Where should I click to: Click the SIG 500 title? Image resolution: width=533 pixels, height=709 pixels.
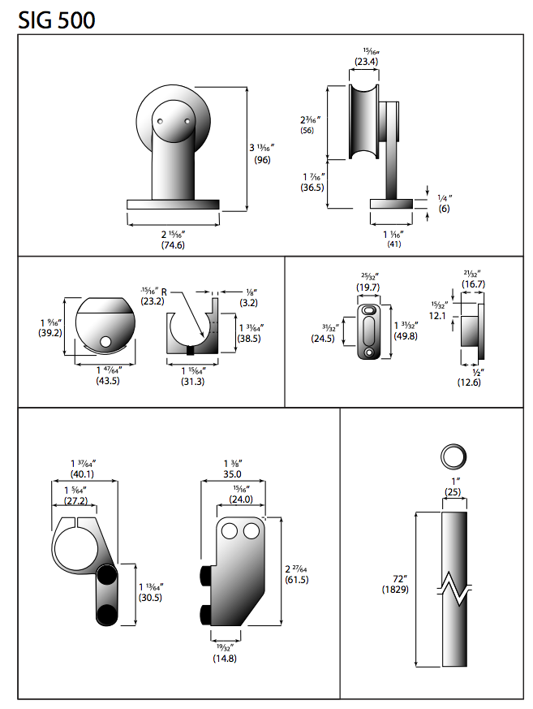click(x=56, y=19)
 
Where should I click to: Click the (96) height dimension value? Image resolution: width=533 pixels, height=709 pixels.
click(x=262, y=161)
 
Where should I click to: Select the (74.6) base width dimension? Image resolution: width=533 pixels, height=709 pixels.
click(x=173, y=244)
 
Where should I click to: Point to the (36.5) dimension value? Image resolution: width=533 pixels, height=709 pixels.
click(x=312, y=187)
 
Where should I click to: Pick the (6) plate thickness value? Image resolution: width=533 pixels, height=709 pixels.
click(x=444, y=209)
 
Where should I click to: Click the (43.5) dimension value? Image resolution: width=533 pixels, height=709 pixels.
click(x=107, y=380)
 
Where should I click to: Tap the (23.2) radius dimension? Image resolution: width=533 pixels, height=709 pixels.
click(x=152, y=300)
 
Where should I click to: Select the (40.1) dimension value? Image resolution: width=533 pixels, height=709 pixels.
click(x=82, y=474)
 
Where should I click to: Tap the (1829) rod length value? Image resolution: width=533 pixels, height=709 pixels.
click(x=394, y=589)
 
